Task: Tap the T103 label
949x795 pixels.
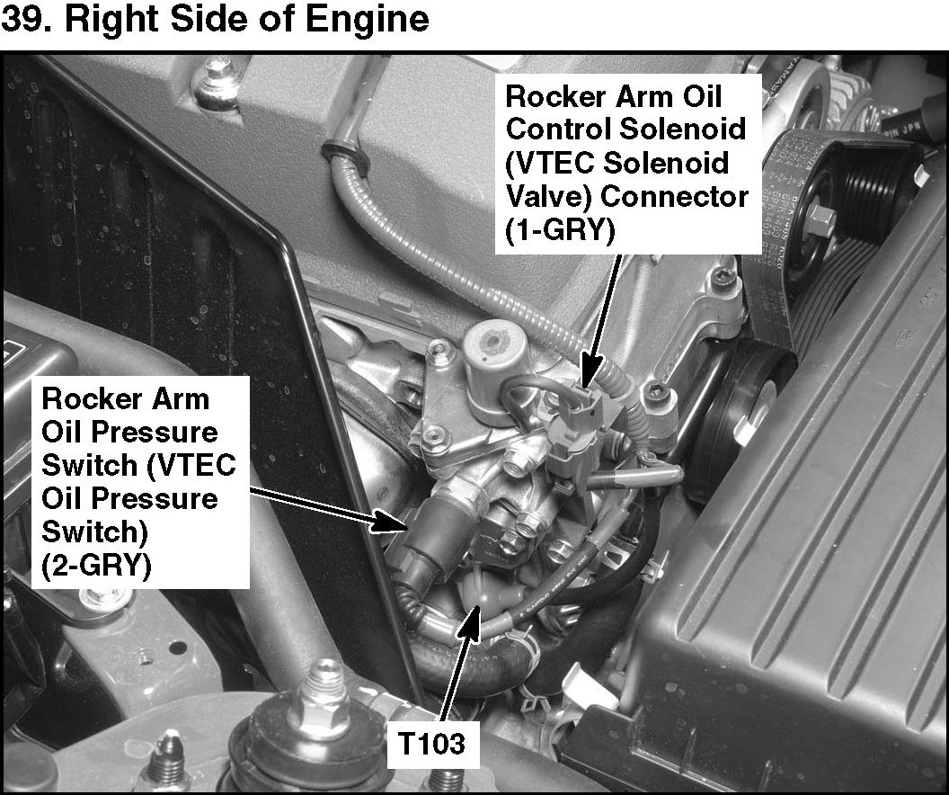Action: pos(431,744)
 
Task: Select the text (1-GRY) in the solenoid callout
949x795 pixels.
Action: pos(560,230)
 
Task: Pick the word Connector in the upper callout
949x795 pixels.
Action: pos(675,197)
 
